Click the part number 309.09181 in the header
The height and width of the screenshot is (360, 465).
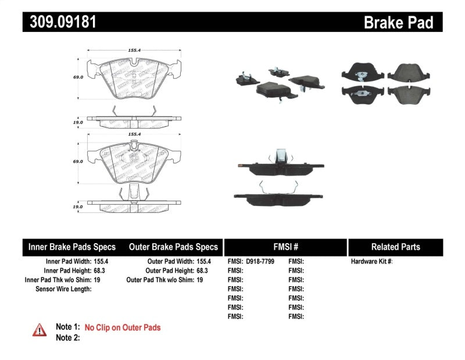click(x=60, y=22)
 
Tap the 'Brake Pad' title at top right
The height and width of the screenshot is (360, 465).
click(x=398, y=22)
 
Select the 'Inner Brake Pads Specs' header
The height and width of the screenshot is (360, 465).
click(x=72, y=247)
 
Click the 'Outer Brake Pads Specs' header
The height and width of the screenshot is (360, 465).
click(x=173, y=247)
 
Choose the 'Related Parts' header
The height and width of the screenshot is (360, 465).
click(x=395, y=247)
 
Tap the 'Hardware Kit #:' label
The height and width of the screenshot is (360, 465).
click(x=371, y=262)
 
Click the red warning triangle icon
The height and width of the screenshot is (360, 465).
click(x=40, y=330)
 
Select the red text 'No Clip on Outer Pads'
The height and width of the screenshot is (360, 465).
click(x=123, y=327)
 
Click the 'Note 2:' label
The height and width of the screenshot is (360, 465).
click(x=67, y=337)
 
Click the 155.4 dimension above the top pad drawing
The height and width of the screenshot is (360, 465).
click(x=134, y=51)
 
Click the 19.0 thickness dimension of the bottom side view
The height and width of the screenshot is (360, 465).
click(x=77, y=206)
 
